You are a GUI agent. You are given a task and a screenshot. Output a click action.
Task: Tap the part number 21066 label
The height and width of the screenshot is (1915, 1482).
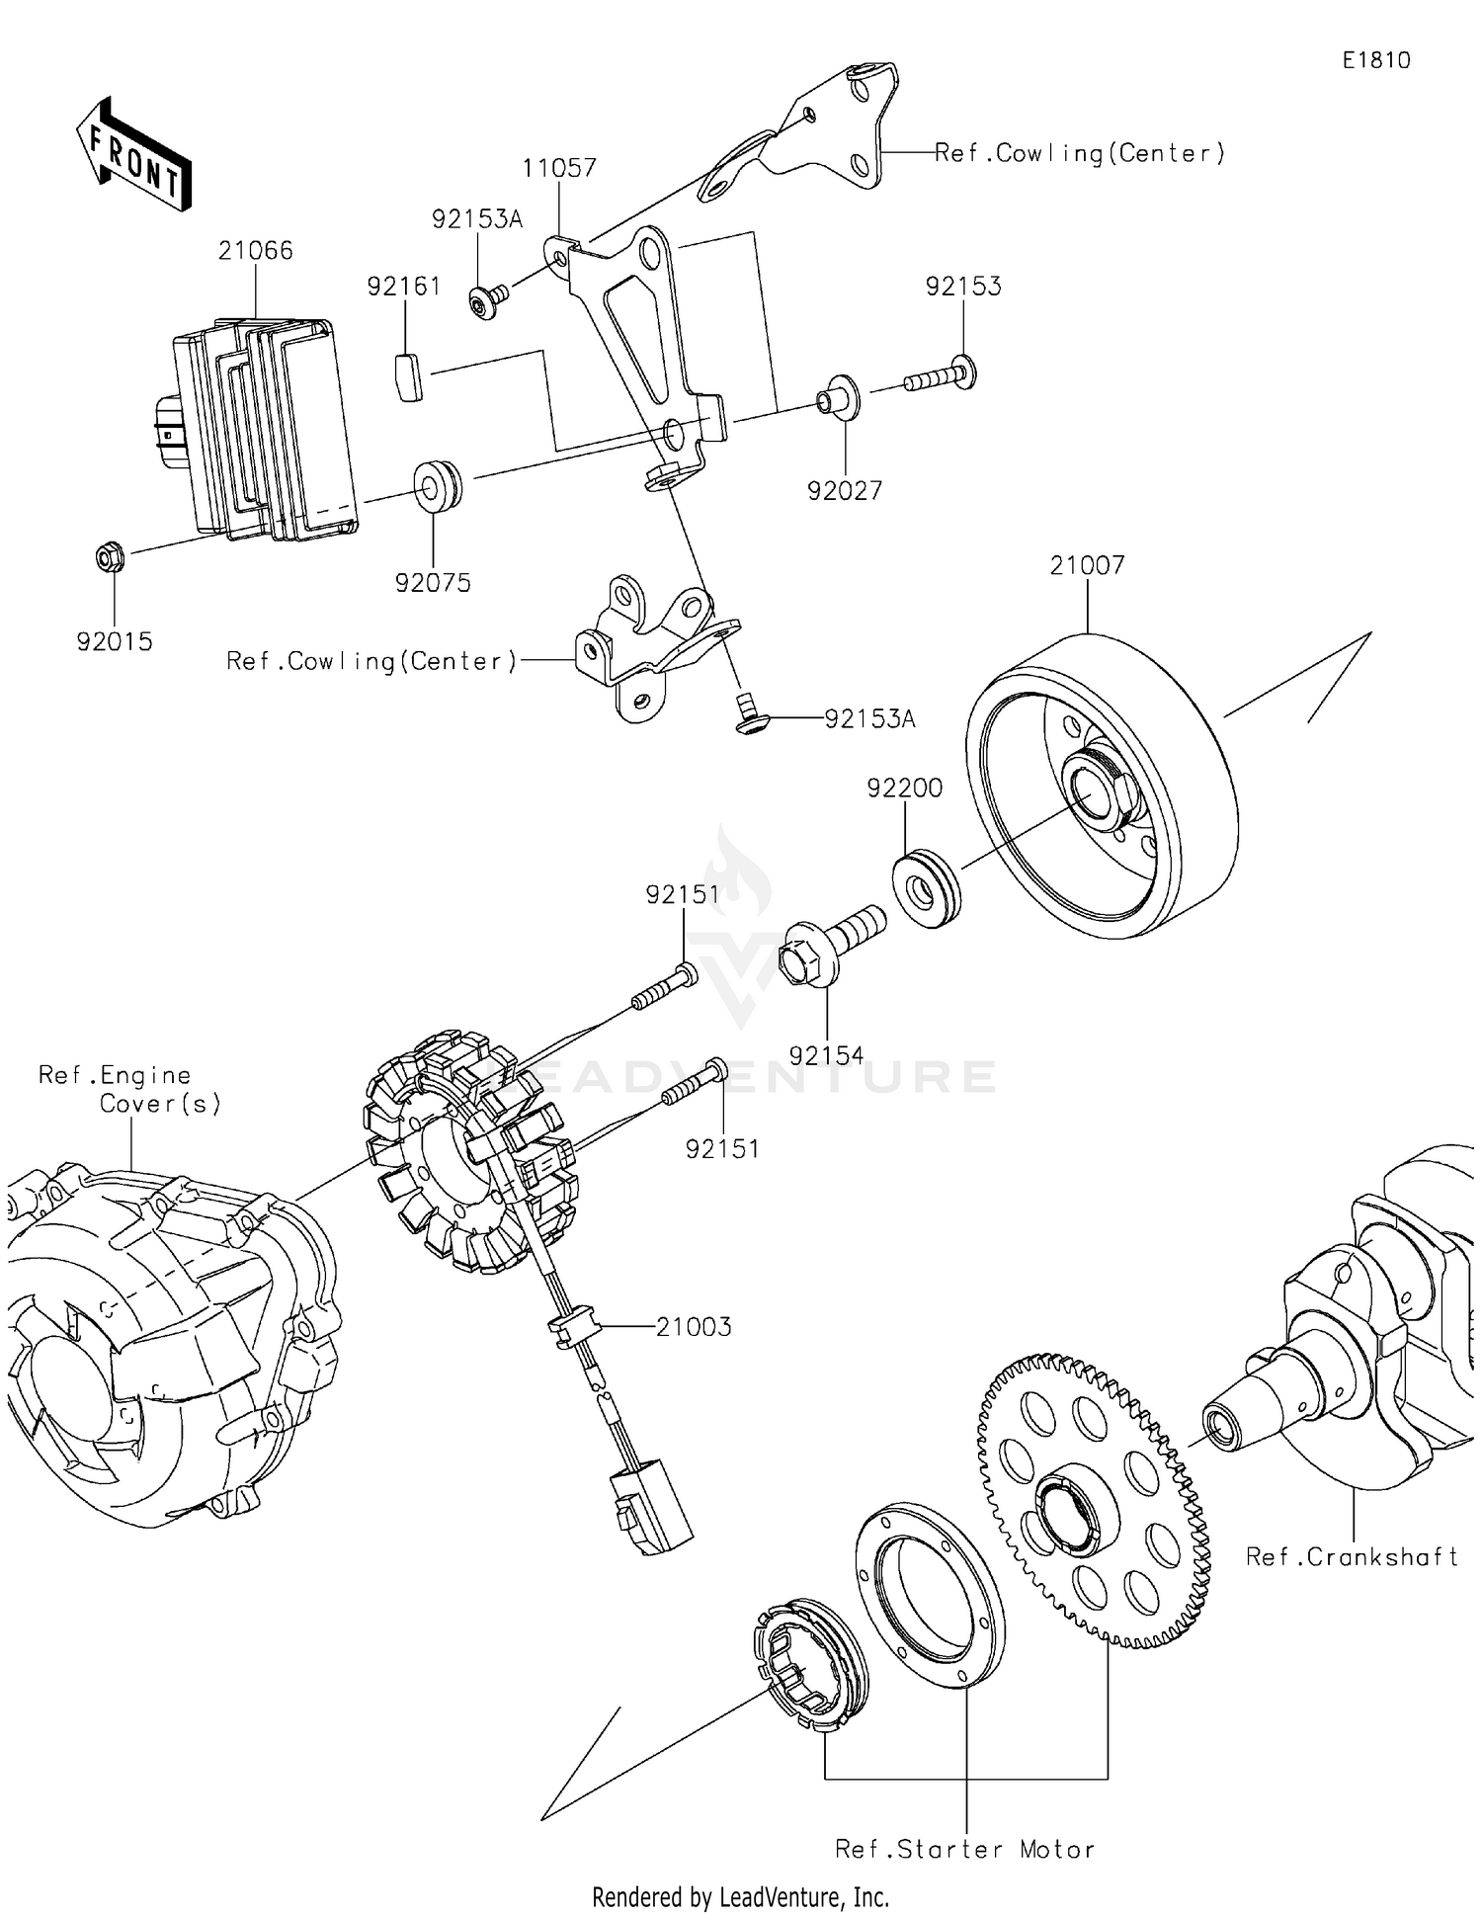[256, 251]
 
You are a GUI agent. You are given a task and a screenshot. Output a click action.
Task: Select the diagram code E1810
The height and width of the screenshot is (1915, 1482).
[1375, 60]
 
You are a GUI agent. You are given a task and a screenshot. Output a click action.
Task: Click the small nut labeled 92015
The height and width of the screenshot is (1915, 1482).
[110, 558]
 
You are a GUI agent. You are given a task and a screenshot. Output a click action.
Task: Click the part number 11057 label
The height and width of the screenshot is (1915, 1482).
[559, 168]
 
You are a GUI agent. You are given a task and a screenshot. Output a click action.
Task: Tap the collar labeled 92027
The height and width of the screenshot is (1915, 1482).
[837, 397]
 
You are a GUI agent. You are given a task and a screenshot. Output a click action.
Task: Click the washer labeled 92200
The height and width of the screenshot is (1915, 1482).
[926, 886]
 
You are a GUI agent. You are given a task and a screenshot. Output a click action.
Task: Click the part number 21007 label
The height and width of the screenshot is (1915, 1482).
[1087, 565]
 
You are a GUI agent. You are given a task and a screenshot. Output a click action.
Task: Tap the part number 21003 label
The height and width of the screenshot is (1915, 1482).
[694, 1326]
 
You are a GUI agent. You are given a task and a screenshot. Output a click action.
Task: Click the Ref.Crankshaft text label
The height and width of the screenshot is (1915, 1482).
[1351, 1556]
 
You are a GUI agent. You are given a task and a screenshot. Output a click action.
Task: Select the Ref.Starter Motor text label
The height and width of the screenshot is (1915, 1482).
[964, 1849]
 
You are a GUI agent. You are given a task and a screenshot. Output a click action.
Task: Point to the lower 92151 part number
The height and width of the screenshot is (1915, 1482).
[722, 1148]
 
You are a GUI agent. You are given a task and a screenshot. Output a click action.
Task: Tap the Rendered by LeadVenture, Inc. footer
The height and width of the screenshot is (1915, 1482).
[740, 1896]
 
